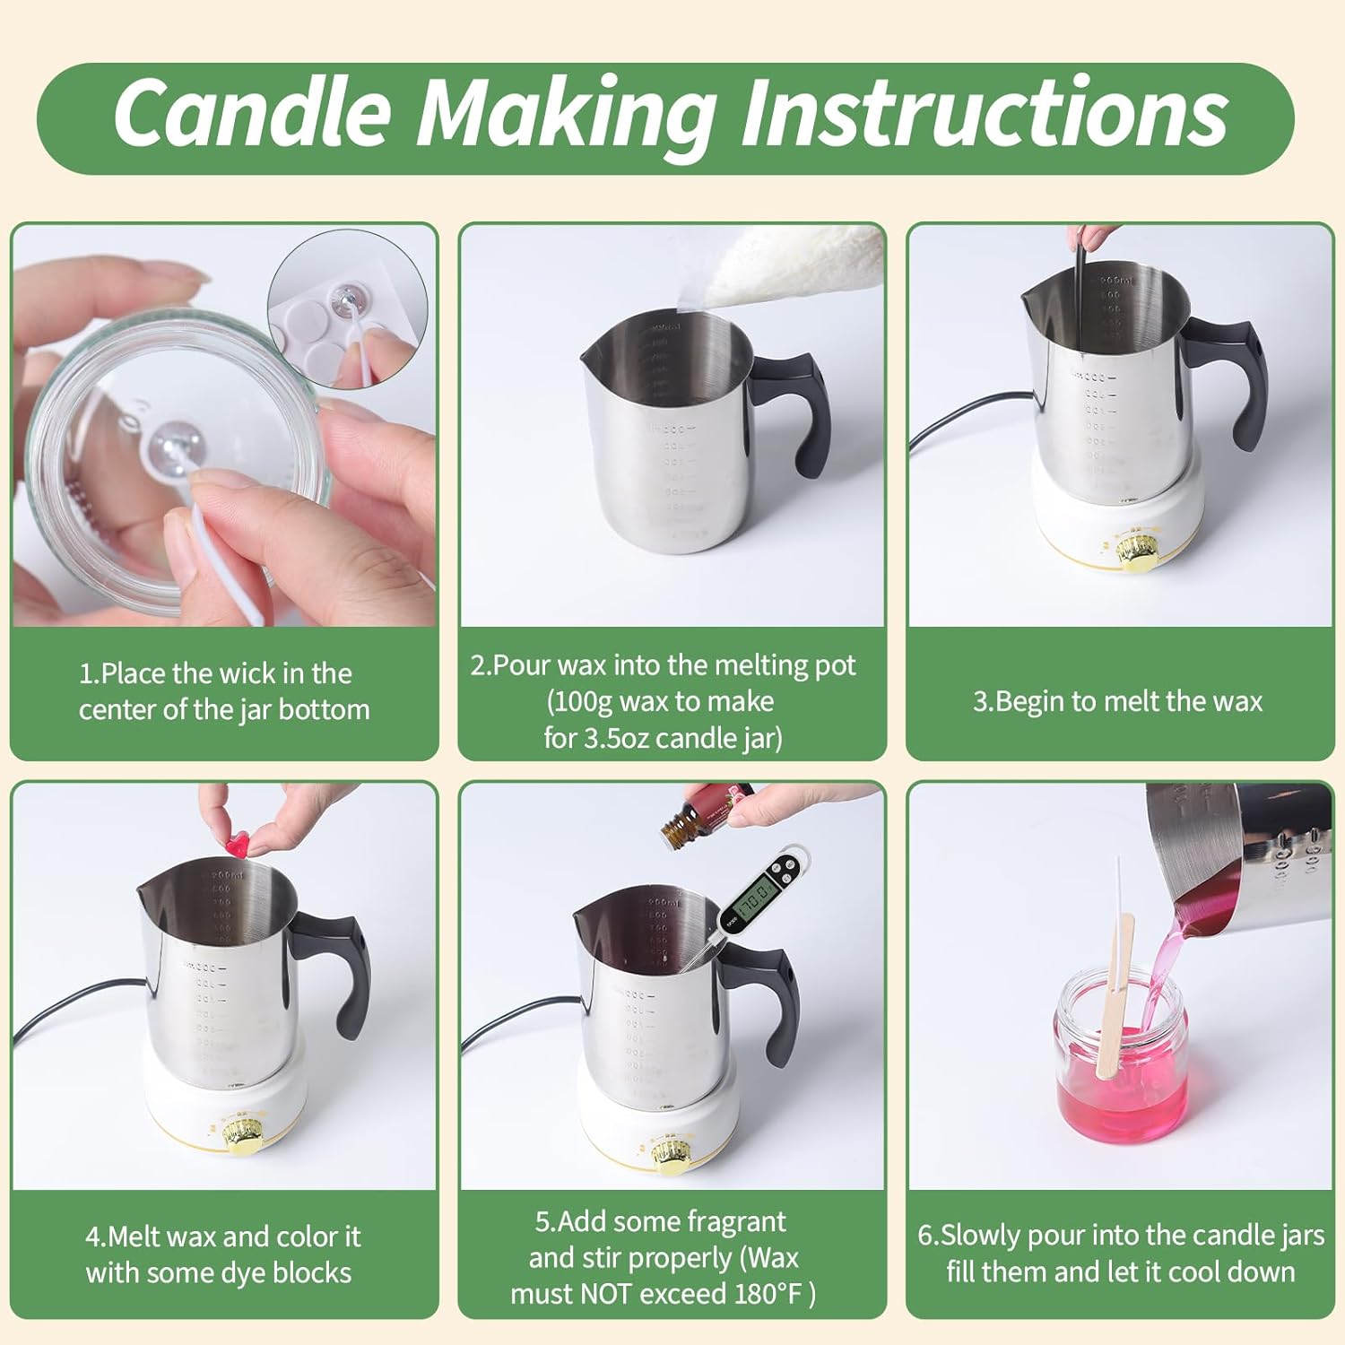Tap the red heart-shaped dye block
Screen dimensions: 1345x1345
[236, 844]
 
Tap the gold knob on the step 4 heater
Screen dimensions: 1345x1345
[242, 1136]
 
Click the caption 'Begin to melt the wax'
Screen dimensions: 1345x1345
[1118, 702]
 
